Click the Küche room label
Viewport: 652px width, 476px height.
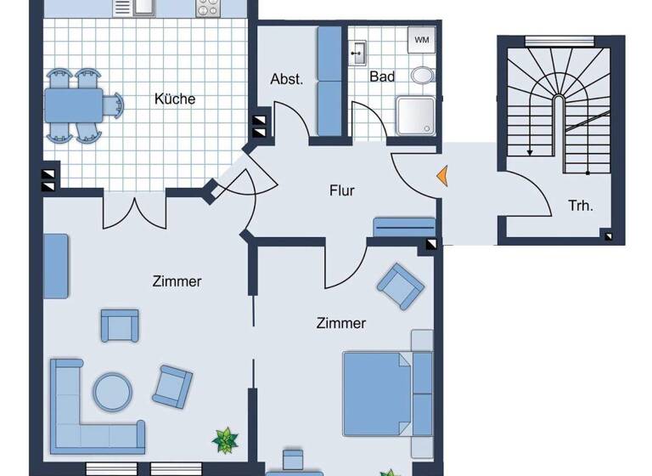tap(175, 99)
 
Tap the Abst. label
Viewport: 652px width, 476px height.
tap(287, 79)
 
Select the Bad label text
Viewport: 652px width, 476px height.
tap(382, 76)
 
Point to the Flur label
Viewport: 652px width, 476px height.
tap(342, 190)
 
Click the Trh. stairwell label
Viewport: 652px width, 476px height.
tap(581, 205)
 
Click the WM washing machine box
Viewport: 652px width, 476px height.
tap(422, 40)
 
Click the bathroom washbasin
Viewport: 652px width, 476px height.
tap(357, 52)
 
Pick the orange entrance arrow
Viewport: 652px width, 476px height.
tap(441, 176)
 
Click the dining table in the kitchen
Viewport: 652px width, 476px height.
tap(74, 105)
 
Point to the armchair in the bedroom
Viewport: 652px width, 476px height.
tap(400, 286)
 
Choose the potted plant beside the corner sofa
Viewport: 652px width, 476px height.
tap(225, 439)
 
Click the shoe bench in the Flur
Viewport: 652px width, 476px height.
tap(404, 227)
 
